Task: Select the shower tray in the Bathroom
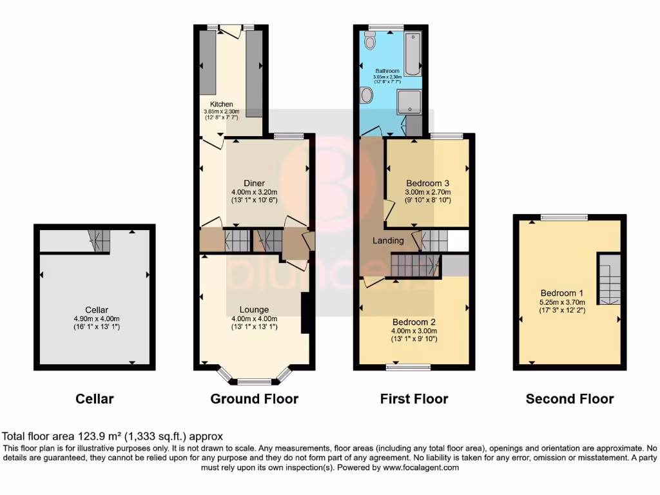(409, 101)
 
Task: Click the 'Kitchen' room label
(221, 104)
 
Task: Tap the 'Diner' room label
(254, 182)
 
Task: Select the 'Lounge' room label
(254, 309)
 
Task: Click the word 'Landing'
(388, 240)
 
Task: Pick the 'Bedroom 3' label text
(427, 182)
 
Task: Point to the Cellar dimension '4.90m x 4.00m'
(95, 318)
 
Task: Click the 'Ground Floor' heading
(254, 399)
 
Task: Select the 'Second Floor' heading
(570, 399)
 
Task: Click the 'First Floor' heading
(414, 399)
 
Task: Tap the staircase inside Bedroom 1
(608, 279)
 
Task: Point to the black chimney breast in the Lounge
(307, 314)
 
